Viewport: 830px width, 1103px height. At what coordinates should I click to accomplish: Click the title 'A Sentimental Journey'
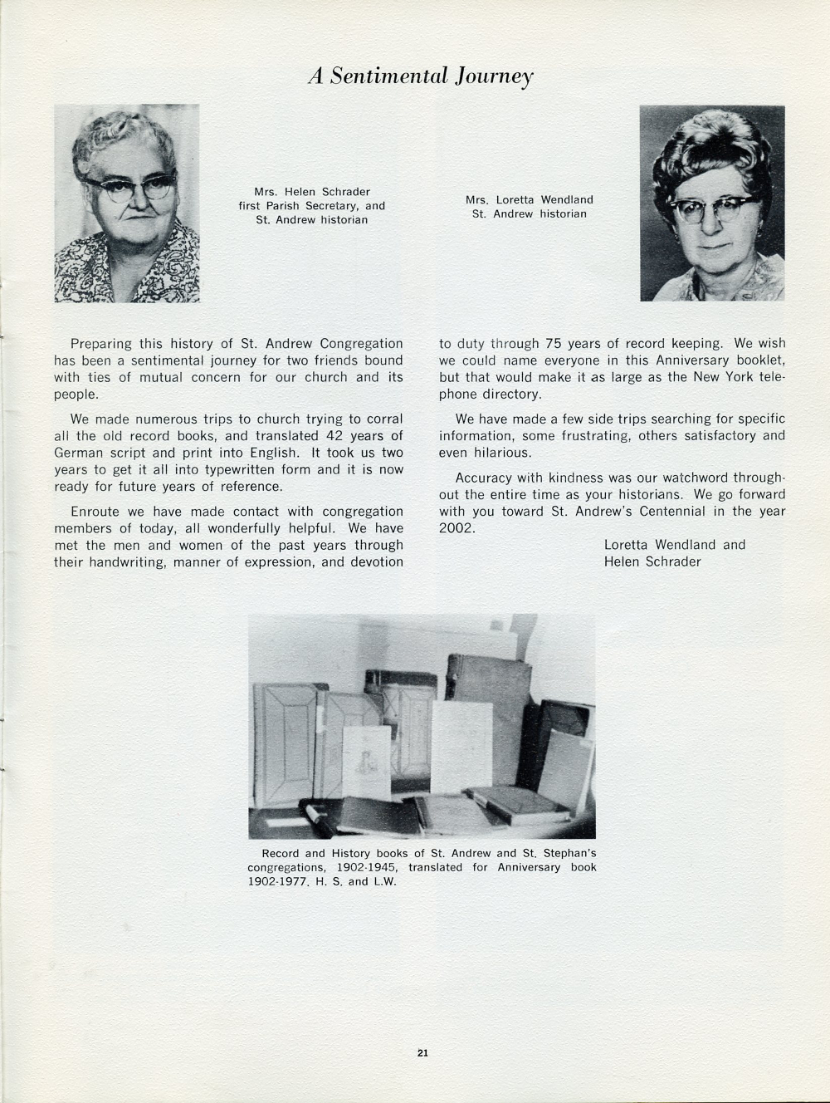point(420,76)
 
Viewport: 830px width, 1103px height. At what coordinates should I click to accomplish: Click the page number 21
point(422,1053)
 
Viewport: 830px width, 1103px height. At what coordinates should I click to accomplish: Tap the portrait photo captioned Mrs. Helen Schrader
point(127,203)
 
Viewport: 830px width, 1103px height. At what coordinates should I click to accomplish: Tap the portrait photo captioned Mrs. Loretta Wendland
point(711,203)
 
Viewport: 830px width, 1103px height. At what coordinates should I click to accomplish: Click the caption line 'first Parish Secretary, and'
point(312,206)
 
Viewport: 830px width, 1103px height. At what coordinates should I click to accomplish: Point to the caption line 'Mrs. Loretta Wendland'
point(529,199)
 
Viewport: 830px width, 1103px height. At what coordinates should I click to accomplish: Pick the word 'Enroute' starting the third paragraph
point(95,512)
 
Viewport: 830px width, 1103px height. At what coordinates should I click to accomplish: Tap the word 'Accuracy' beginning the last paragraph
point(483,478)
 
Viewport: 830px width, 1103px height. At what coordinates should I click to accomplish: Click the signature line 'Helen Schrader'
point(652,561)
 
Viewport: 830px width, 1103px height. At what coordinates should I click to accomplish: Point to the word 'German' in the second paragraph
point(80,453)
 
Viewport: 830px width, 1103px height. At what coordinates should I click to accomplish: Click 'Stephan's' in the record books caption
point(567,853)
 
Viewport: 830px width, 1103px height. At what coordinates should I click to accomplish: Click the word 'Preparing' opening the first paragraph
point(101,344)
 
